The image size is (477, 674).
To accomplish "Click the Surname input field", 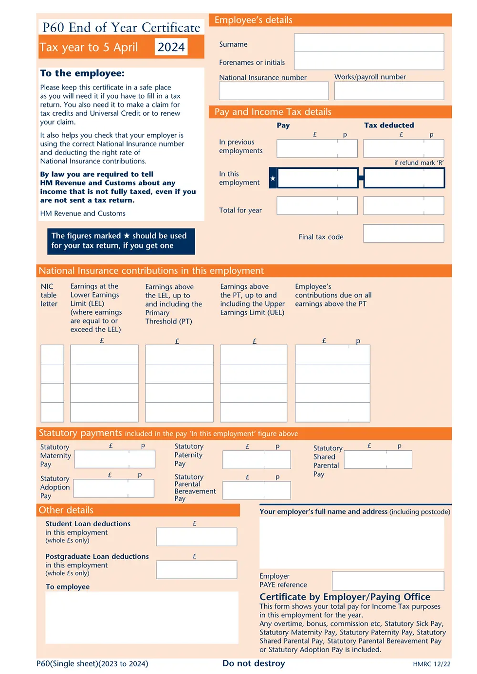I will [x=368, y=43].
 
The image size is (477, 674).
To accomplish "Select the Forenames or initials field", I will [x=368, y=61].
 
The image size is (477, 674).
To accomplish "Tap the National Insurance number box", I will [x=274, y=91].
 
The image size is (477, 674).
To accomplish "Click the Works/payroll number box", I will [x=389, y=91].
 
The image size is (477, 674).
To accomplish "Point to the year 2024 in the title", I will [x=171, y=47].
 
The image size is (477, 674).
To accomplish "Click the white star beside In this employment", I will [x=273, y=178].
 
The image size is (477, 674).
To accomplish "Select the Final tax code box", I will [x=403, y=233].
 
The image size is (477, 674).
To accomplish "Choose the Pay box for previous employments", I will [x=317, y=148].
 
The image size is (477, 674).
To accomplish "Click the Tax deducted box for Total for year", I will [x=403, y=206].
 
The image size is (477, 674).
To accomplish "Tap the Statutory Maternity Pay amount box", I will [x=114, y=459].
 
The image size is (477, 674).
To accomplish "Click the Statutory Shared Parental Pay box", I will [x=378, y=460].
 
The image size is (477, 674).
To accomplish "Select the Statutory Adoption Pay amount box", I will [x=113, y=488].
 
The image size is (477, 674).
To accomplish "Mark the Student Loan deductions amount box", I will [x=196, y=537].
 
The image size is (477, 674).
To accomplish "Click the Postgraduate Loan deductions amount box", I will [x=196, y=569].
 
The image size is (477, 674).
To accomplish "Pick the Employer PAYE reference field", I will [x=388, y=581].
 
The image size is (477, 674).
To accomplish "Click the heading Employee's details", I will [x=253, y=20].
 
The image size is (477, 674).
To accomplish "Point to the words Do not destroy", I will [x=254, y=663].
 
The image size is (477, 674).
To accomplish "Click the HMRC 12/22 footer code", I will [x=432, y=664].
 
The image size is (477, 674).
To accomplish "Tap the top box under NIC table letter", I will [x=52, y=355].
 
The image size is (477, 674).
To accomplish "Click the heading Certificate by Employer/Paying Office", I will [x=345, y=597].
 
